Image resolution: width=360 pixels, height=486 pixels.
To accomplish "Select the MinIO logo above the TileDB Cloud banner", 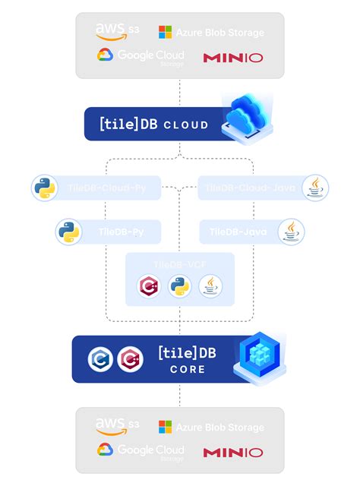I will pos(233,58).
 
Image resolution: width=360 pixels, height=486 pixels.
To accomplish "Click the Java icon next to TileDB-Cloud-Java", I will pos(314,188).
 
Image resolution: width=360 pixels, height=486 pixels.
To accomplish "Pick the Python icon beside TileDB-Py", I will pos(69,232).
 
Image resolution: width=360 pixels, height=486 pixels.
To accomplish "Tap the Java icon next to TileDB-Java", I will pos(291,232).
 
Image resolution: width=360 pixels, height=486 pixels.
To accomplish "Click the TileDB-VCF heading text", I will pos(179,264).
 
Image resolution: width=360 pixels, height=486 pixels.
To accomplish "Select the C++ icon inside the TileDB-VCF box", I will pos(148,286).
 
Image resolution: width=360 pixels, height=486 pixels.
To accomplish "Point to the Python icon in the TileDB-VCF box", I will pos(179,286).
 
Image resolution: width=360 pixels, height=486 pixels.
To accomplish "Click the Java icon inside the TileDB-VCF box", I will pos(210,286).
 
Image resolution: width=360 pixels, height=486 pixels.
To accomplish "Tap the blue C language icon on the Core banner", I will pos(101,358).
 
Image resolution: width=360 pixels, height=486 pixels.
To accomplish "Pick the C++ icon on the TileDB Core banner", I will pos(131,358).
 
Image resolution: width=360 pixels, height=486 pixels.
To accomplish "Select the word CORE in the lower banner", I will pos(187,369).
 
